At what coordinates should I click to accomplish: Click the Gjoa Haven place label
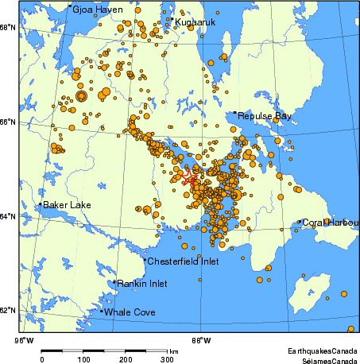94,10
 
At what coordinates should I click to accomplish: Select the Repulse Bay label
265,116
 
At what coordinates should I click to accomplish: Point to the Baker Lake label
67,205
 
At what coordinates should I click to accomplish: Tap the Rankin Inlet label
142,283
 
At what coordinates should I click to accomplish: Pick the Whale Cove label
130,312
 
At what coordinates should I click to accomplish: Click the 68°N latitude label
8,27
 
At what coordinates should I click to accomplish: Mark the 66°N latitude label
8,122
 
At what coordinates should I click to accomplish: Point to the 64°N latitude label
8,216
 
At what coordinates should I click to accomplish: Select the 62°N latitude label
8,309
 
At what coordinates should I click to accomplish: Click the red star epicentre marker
188,178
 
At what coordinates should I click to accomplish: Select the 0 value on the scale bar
41,360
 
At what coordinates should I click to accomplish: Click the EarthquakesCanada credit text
322,350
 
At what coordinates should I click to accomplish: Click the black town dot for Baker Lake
40,204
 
